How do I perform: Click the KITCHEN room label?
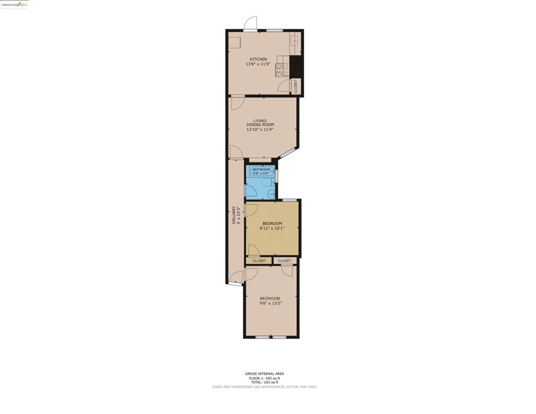point(258,59)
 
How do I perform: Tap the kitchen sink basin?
point(295,40)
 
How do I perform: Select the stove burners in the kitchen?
point(282,70)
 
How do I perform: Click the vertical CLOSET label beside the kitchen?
point(296,86)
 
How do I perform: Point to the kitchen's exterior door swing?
point(250,24)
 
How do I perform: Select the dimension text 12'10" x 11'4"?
point(260,129)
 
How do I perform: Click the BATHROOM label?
point(261,169)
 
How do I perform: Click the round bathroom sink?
point(271,194)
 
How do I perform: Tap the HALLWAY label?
point(234,215)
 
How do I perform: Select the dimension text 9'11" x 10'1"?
point(272,228)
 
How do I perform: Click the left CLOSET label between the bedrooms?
point(259,261)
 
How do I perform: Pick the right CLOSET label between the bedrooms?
point(285,261)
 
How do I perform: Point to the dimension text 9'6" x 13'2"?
point(270,303)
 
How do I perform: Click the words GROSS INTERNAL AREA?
point(264,374)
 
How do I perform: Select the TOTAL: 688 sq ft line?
point(264,382)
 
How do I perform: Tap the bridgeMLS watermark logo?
point(14,4)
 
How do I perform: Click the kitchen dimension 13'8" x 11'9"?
point(258,64)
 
